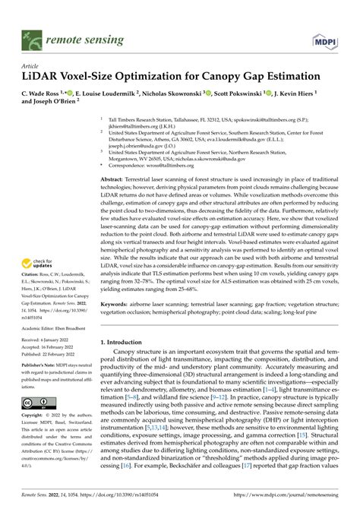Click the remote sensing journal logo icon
tap(33, 35)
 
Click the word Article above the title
tap(31, 66)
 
